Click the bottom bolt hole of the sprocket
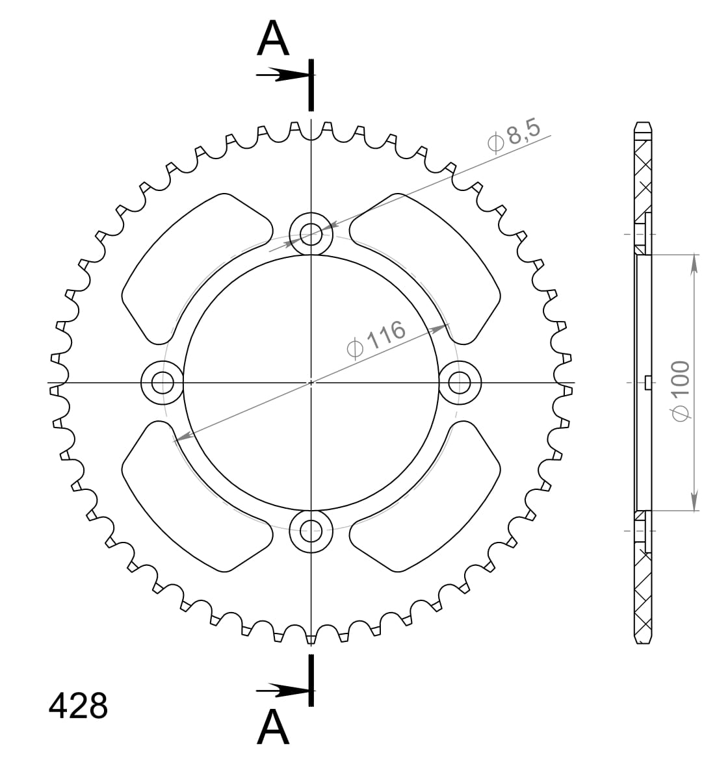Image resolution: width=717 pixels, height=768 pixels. (311, 531)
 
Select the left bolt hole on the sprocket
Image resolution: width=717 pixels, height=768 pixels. (162, 383)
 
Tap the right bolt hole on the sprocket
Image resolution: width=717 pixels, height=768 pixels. (460, 382)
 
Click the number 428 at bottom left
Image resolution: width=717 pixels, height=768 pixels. (78, 706)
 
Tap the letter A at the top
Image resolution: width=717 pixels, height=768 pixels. (273, 39)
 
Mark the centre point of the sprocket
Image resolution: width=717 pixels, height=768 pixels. (311, 382)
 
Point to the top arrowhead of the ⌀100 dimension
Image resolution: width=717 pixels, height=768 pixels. (694, 263)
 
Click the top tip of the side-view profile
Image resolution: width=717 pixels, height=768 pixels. (642, 123)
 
